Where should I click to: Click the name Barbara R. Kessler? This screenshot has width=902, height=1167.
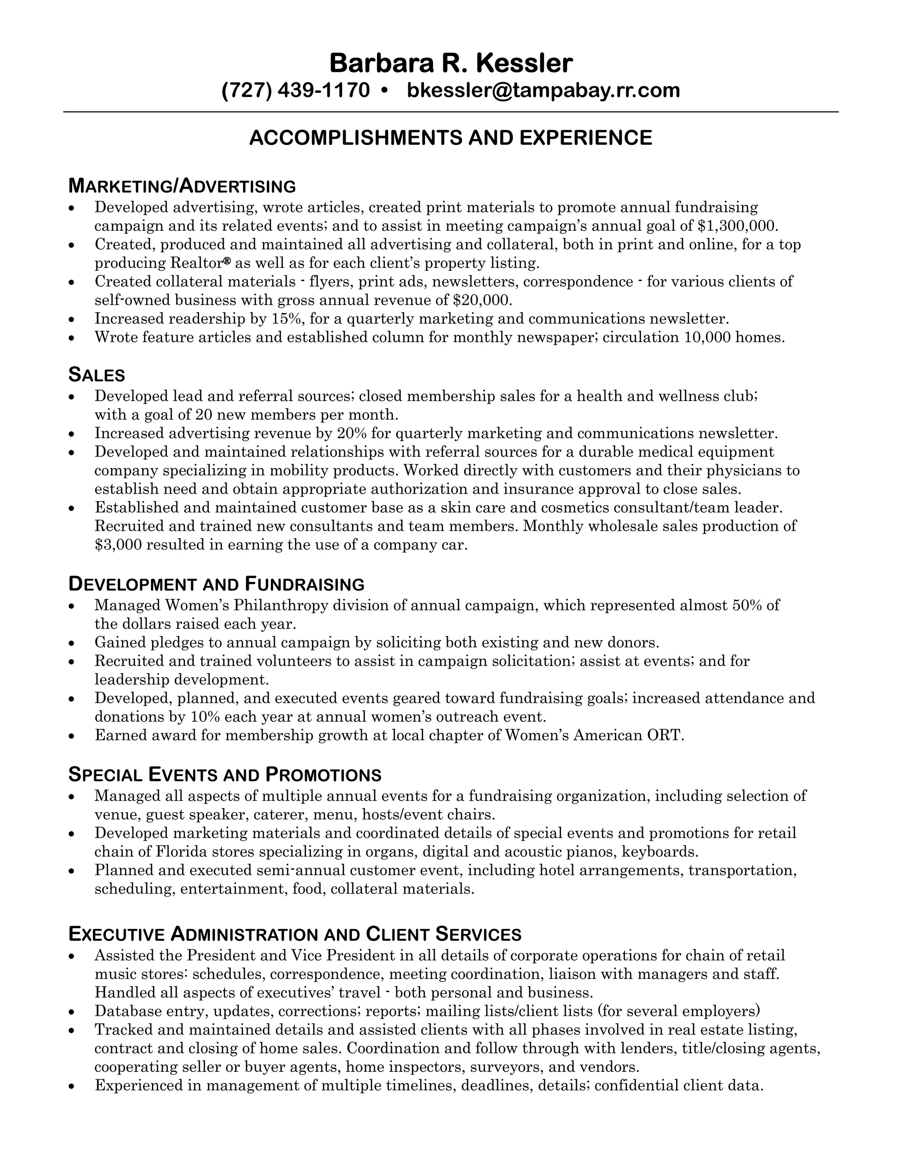(451, 63)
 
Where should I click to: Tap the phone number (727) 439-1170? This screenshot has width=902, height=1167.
(296, 90)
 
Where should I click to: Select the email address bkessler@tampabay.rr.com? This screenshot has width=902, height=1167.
(543, 90)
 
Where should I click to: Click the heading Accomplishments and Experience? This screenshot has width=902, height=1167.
(451, 138)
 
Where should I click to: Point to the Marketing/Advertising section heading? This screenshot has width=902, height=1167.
(182, 186)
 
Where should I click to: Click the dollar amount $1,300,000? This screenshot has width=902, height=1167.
(737, 225)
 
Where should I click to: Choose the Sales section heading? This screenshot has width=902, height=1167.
(97, 375)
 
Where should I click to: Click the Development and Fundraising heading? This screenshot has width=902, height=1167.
(216, 584)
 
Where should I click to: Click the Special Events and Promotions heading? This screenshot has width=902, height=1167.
(225, 774)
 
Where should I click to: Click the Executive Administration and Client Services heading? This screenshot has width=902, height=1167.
(295, 934)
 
